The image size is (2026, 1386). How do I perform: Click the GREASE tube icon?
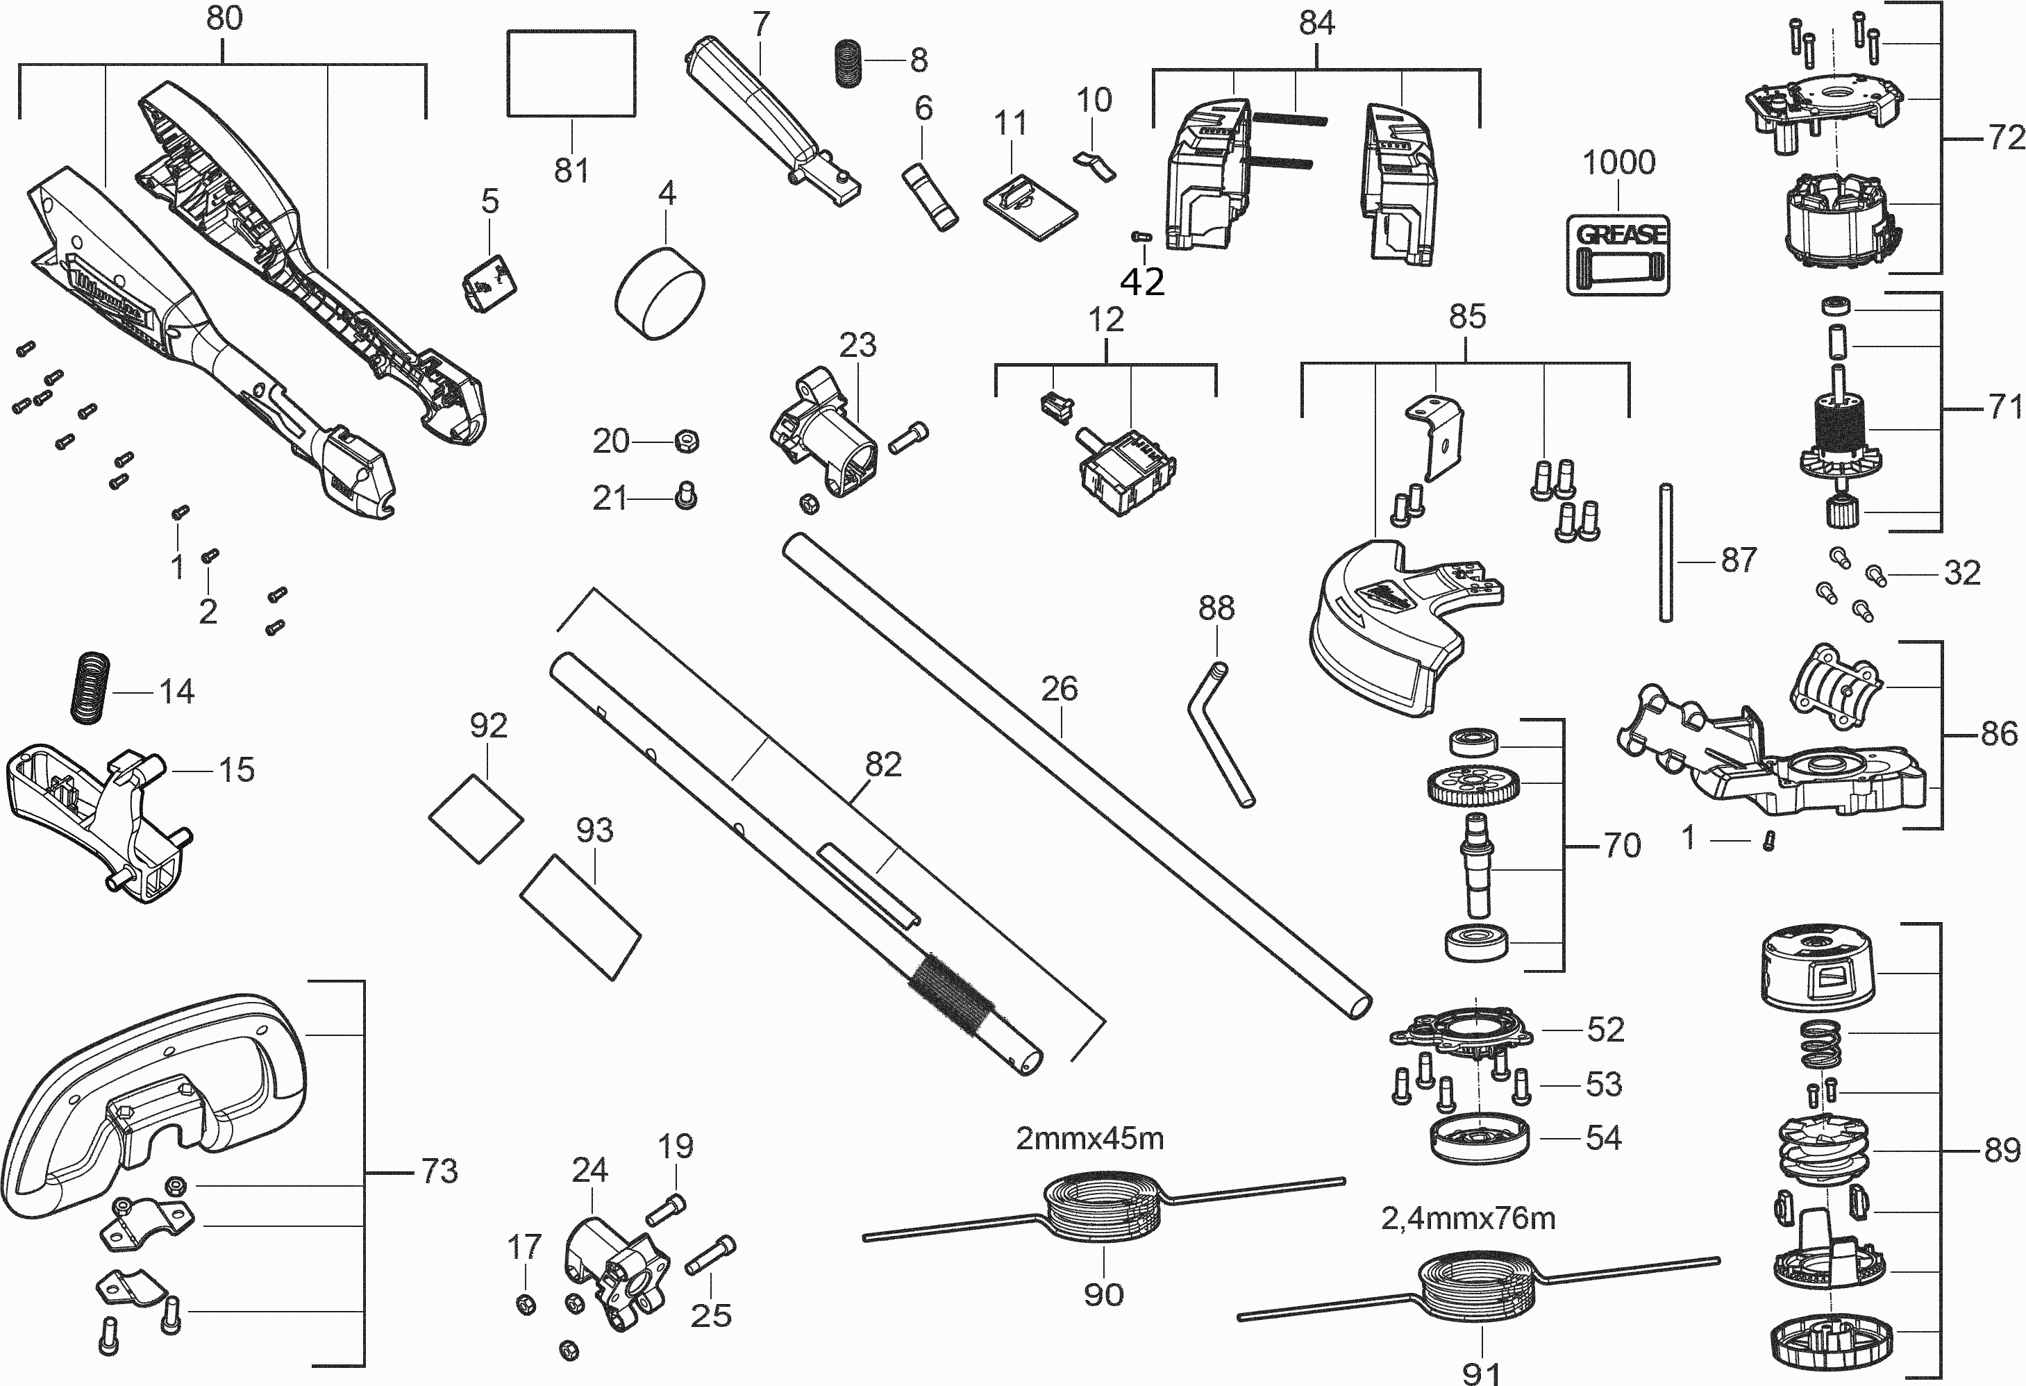click(x=1618, y=255)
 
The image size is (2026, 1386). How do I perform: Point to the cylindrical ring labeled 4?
click(x=660, y=293)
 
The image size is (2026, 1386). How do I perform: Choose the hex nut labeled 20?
click(x=686, y=441)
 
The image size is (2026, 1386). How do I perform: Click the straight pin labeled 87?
click(x=1666, y=552)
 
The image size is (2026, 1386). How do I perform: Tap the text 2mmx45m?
click(x=1089, y=1138)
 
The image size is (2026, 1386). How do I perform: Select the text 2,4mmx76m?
click(x=1468, y=1218)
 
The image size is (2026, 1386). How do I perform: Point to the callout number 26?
click(x=1060, y=689)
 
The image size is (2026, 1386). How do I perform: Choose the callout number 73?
click(x=439, y=1171)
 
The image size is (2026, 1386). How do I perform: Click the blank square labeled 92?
click(x=476, y=819)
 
